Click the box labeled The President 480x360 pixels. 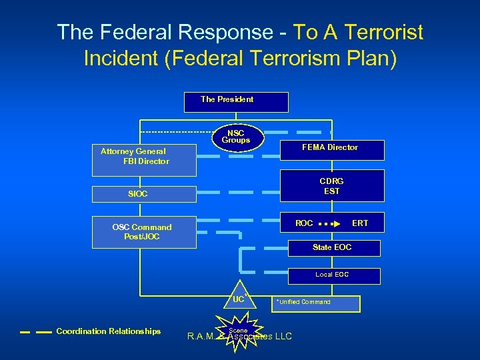(236, 102)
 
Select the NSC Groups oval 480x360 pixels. (235, 137)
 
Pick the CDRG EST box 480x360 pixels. (331, 185)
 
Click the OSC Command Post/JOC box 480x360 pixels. (144, 231)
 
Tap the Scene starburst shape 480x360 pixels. (238, 331)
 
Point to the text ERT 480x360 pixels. (359, 223)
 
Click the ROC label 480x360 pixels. (304, 223)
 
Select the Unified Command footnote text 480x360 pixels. (303, 302)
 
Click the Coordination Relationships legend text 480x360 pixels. (109, 331)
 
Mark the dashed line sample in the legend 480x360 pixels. (36, 331)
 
